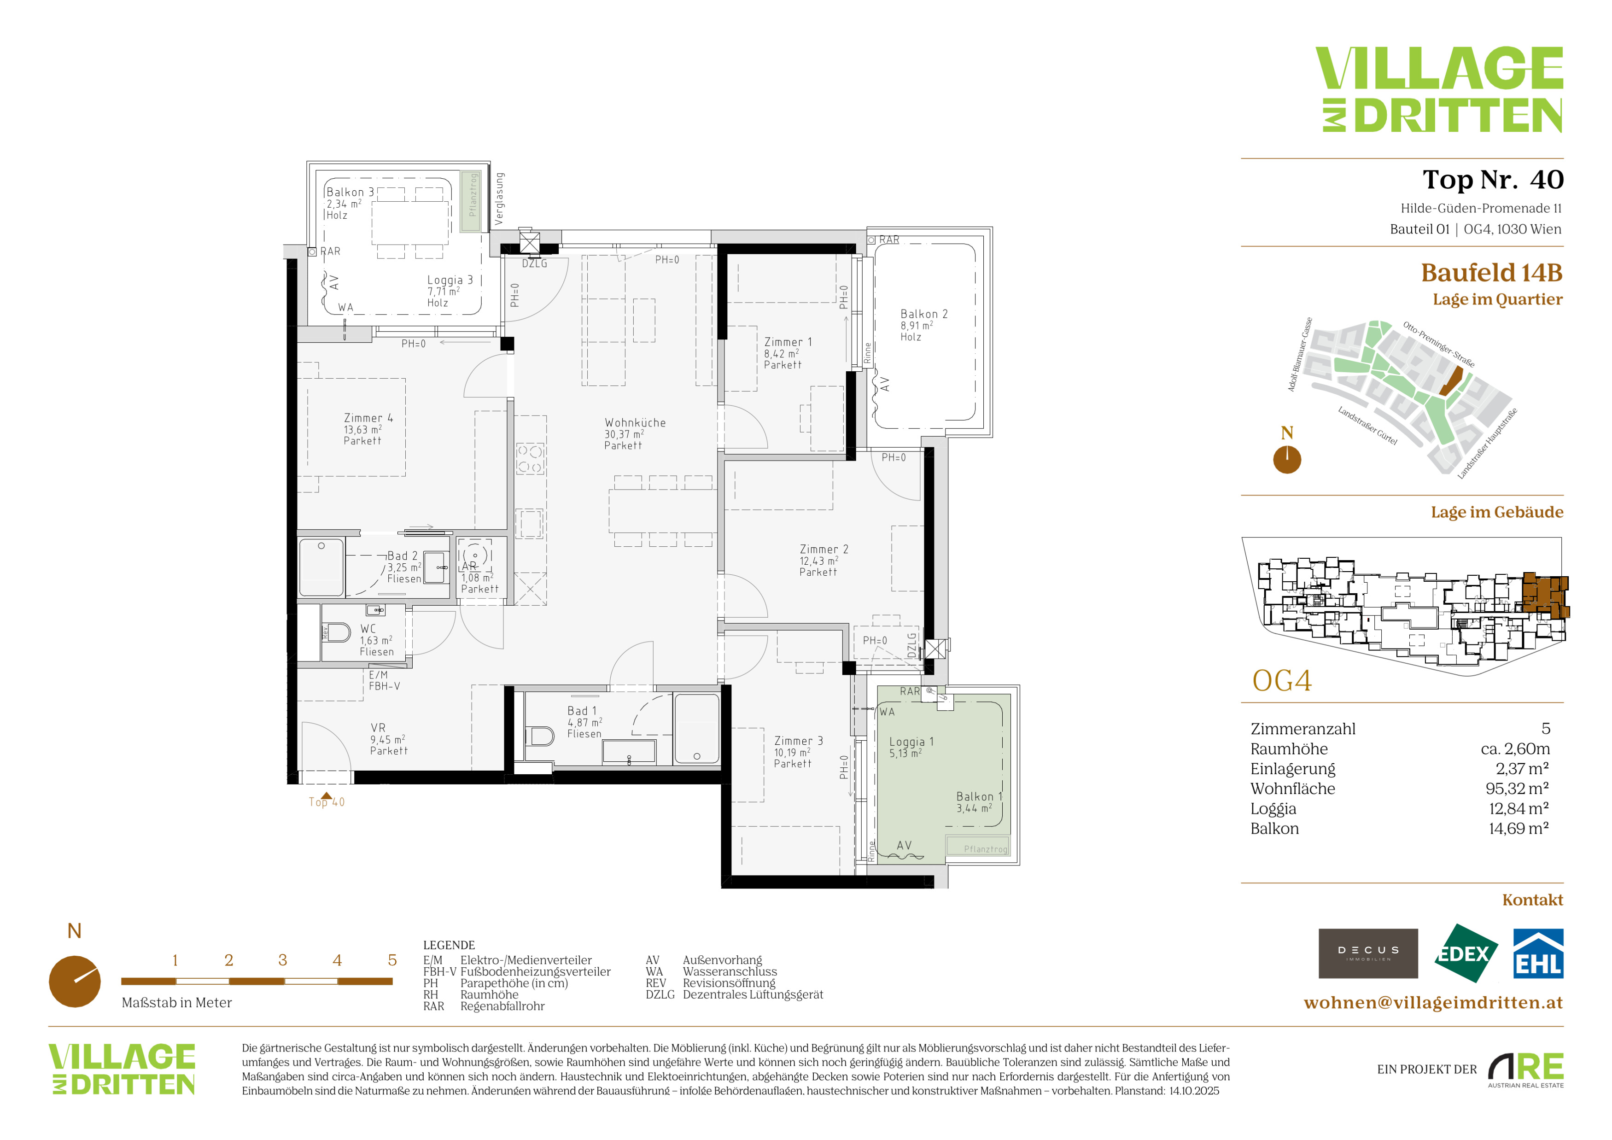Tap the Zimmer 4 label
pyautogui.click(x=368, y=418)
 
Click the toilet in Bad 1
pyautogui.click(x=540, y=736)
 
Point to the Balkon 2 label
pyautogui.click(x=924, y=314)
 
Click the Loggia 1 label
pyautogui.click(x=911, y=741)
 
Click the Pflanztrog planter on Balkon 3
pyautogui.click(x=472, y=201)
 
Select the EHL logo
pyautogui.click(x=1537, y=953)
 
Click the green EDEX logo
pyautogui.click(x=1465, y=953)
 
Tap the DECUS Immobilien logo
pyautogui.click(x=1368, y=953)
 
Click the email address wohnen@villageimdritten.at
pyautogui.click(x=1433, y=1002)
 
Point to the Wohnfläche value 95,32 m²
pyautogui.click(x=1517, y=788)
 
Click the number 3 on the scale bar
pyautogui.click(x=282, y=959)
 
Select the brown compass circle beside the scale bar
pyautogui.click(x=75, y=982)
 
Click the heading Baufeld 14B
pyautogui.click(x=1492, y=272)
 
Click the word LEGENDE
pyautogui.click(x=449, y=945)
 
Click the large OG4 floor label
pyautogui.click(x=1282, y=681)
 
